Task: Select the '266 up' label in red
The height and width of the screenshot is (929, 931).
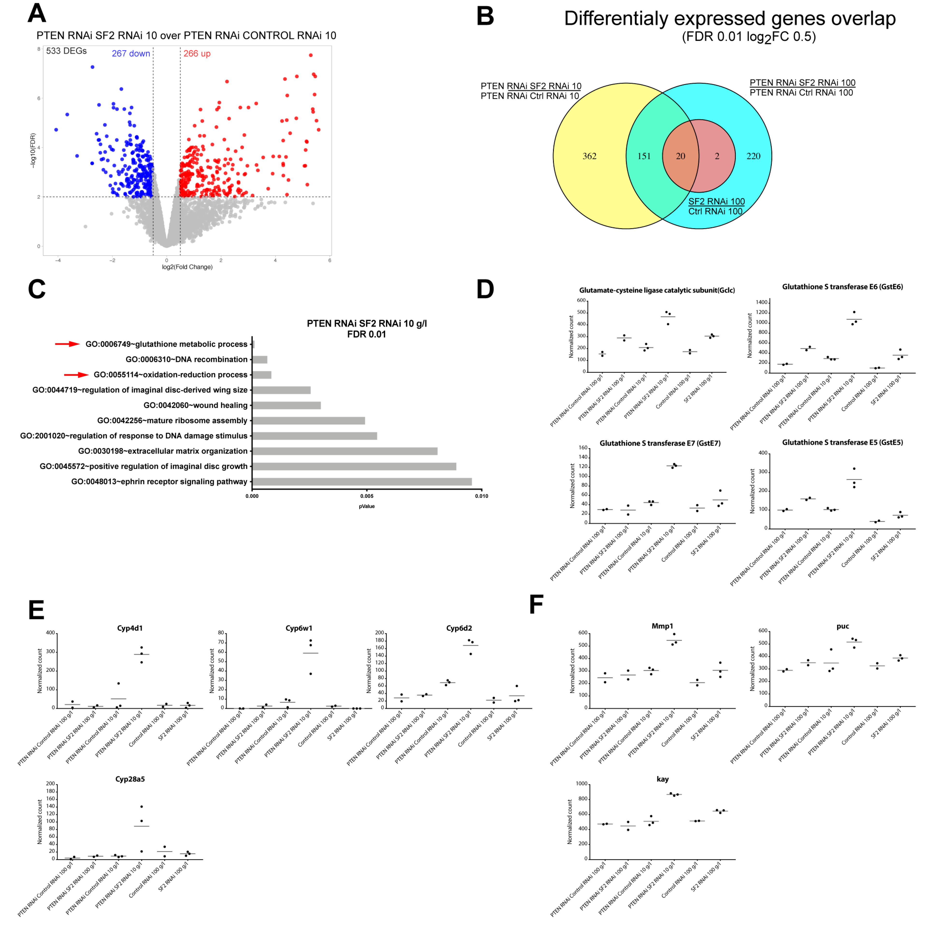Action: pos(197,54)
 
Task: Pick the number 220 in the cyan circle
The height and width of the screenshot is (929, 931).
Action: pos(753,156)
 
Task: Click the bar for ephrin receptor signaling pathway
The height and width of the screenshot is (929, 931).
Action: pos(362,481)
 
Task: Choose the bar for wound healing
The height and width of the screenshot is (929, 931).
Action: pos(286,405)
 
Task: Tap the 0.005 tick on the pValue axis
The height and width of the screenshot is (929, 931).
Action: pos(367,496)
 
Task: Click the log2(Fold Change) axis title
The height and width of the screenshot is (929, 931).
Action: pos(187,267)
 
